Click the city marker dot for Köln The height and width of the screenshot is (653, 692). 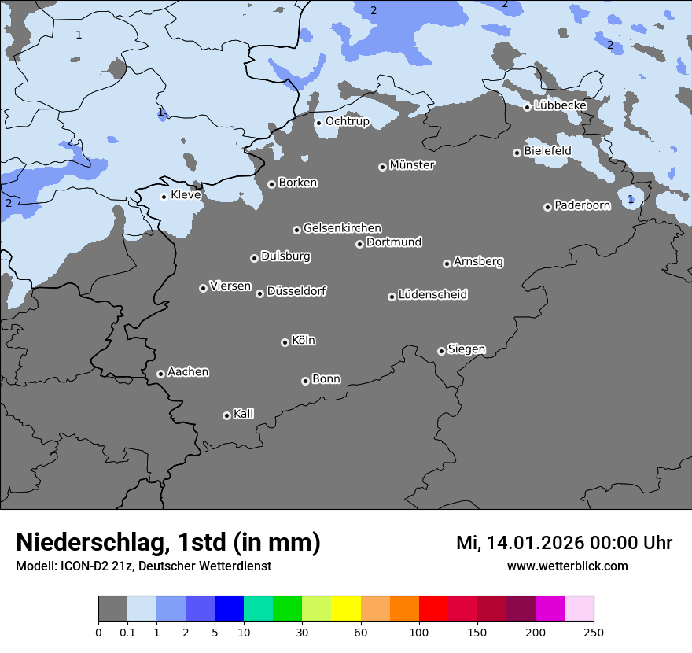(x=285, y=342)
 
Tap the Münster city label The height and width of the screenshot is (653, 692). (x=411, y=165)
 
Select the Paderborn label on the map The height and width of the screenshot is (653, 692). (x=582, y=205)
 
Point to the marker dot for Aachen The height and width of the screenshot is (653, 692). (x=160, y=374)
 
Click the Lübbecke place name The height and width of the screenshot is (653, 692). (x=560, y=105)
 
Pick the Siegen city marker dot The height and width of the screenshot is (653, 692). (x=441, y=351)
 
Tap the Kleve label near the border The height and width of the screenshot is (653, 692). (x=186, y=195)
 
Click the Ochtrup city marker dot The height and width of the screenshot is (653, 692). (x=318, y=123)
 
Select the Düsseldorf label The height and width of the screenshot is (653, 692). (x=296, y=291)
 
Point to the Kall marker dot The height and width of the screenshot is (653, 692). (x=226, y=415)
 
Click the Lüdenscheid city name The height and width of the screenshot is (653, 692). (x=432, y=295)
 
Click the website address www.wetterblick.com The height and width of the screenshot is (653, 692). (x=567, y=566)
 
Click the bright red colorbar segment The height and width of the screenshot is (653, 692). (x=433, y=609)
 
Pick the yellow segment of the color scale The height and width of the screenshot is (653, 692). (x=346, y=609)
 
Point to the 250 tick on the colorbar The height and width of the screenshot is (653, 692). (x=594, y=632)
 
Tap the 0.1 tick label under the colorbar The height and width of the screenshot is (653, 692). (x=127, y=632)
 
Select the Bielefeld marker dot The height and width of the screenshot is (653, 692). (x=517, y=153)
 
